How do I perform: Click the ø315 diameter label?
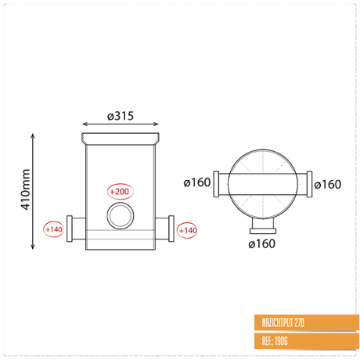[x=121, y=116]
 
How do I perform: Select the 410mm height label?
[x=25, y=189]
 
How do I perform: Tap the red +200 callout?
[x=120, y=192]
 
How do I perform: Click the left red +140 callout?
[x=54, y=229]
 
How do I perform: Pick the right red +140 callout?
[x=187, y=230]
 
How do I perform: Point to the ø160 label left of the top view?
[x=197, y=182]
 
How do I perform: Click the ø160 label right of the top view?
[x=328, y=185]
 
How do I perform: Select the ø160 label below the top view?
[x=261, y=244]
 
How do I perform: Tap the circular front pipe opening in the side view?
[x=121, y=216]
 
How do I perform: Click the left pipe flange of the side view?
[x=70, y=229]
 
